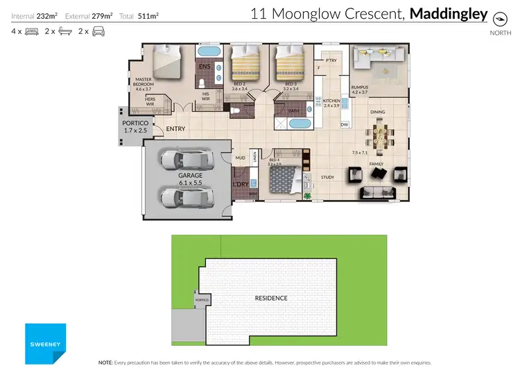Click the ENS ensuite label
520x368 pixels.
click(205, 67)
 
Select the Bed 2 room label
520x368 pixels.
click(239, 87)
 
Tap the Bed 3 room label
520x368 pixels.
click(291, 87)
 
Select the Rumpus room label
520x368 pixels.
click(359, 90)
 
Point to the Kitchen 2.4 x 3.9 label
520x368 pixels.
click(332, 103)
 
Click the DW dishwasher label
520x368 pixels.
click(345, 125)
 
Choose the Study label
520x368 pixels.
click(327, 177)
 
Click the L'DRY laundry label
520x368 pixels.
click(241, 184)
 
